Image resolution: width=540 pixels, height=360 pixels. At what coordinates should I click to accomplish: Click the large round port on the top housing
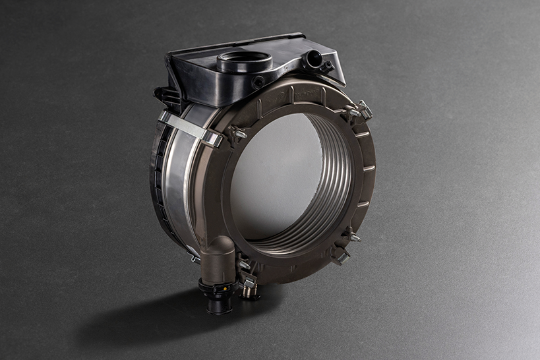click(x=244, y=61)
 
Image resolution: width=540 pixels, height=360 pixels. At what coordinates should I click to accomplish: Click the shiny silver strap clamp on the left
click(x=191, y=128)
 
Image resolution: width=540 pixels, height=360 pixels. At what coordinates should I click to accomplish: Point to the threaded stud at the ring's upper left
click(x=238, y=135)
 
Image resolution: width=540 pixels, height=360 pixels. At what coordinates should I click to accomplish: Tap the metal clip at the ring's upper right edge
click(x=365, y=109)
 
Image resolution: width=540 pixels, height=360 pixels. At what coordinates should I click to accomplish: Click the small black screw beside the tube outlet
click(x=327, y=66)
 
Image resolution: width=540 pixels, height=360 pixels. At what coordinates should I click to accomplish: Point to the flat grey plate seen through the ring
click(x=274, y=178)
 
